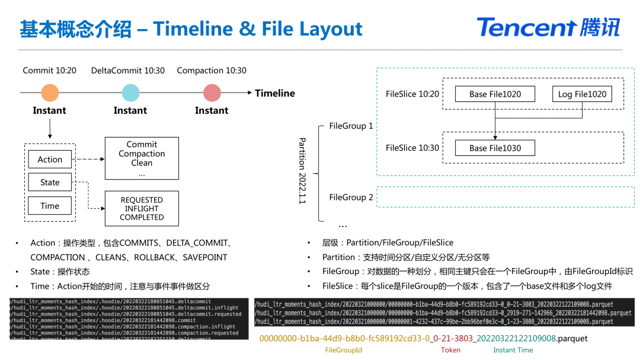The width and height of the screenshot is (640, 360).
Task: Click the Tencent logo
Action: (548, 27)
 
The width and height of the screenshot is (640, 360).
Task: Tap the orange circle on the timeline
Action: (50, 93)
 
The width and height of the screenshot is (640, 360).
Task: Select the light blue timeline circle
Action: (130, 93)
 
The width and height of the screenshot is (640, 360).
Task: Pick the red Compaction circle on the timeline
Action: (212, 93)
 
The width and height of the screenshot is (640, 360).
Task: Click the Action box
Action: (50, 159)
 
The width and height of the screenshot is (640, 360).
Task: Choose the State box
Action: (50, 182)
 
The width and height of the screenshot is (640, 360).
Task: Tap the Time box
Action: (50, 206)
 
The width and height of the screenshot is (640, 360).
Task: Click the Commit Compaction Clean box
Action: (142, 158)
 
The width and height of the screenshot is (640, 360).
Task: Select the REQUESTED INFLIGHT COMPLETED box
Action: (142, 208)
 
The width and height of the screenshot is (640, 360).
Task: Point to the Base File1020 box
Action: (495, 94)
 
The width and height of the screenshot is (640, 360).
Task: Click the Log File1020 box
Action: (581, 94)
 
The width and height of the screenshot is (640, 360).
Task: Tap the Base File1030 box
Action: (495, 148)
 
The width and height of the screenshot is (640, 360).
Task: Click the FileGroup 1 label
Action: (351, 126)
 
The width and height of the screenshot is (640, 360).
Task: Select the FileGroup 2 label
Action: (351, 197)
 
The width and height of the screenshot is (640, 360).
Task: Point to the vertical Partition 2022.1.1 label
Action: (302, 171)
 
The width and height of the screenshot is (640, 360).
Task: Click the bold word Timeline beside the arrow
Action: (275, 93)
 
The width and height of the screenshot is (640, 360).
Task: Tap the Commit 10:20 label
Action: (50, 70)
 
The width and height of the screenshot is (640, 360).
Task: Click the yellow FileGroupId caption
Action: (344, 351)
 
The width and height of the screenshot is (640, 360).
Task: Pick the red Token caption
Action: (450, 351)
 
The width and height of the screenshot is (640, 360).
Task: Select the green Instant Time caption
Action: (513, 351)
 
